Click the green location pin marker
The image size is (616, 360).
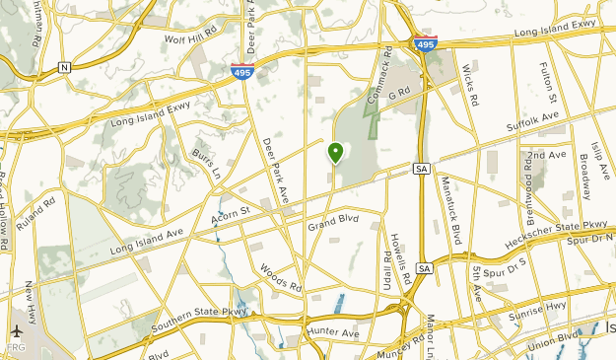pos(335,153)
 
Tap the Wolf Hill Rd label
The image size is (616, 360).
pos(190,39)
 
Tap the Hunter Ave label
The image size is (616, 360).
pos(333,332)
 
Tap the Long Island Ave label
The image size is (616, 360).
pos(148,241)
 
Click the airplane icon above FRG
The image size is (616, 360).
pos(17,332)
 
